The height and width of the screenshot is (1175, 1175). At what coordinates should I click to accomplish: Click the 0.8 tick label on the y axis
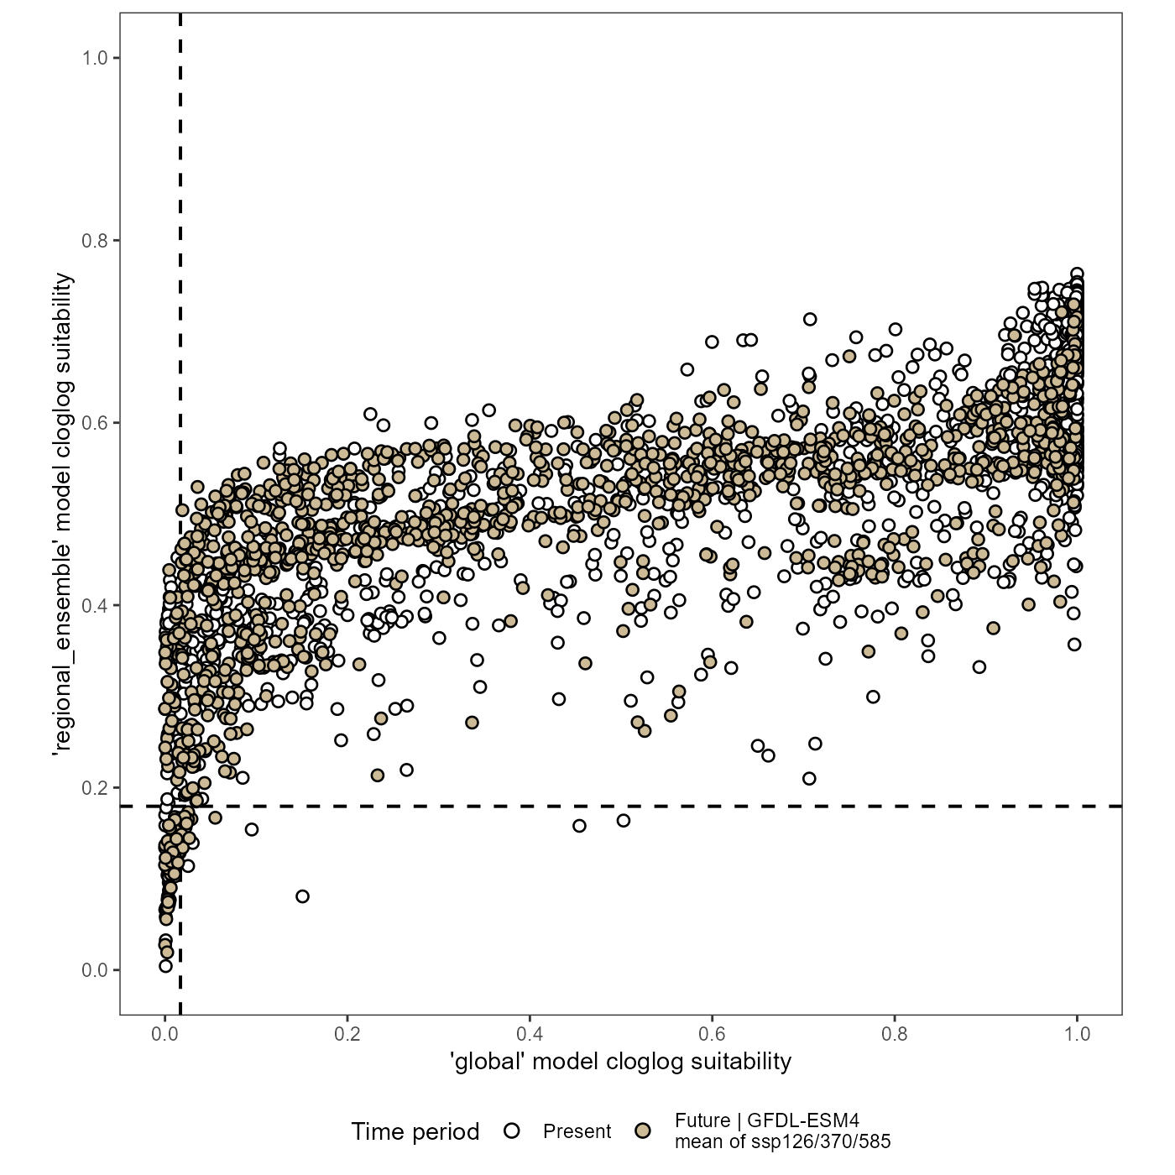[x=94, y=241]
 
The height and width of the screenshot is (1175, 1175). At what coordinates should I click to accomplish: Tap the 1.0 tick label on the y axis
[x=94, y=58]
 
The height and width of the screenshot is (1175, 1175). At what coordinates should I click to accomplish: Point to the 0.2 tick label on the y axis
[x=94, y=788]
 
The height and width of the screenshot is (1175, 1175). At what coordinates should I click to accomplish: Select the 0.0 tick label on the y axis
[x=94, y=970]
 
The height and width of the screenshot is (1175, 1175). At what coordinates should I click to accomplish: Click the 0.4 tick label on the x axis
[x=530, y=1034]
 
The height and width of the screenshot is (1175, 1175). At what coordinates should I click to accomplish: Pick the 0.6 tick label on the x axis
[x=712, y=1034]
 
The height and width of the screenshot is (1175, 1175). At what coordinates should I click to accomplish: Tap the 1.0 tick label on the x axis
[x=1077, y=1034]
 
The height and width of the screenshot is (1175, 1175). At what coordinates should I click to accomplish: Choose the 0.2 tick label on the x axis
[x=347, y=1034]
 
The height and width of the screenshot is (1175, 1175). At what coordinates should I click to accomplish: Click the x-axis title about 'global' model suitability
[x=621, y=1062]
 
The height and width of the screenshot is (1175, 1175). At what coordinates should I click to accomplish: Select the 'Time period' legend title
[x=415, y=1131]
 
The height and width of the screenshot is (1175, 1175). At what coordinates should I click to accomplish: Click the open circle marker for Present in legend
[x=512, y=1131]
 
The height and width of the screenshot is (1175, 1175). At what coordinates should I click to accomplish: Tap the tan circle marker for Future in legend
[x=643, y=1131]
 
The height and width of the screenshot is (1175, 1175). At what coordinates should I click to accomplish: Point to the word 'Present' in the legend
[x=577, y=1131]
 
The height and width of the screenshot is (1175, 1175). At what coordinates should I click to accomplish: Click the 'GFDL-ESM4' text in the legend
[x=802, y=1121]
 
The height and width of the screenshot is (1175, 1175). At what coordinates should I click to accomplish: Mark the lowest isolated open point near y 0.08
[x=302, y=896]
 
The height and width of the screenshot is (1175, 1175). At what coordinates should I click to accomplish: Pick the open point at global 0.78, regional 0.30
[x=873, y=697]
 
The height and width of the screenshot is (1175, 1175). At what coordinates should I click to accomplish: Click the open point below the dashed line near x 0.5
[x=624, y=821]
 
